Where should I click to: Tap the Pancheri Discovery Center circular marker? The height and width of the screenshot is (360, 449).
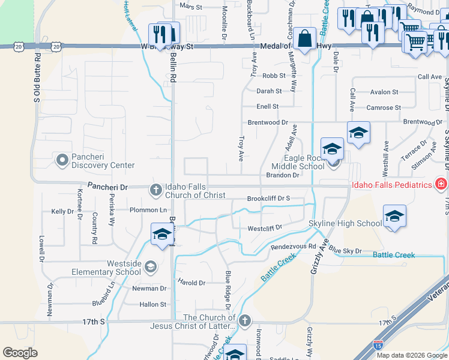tap(62, 160)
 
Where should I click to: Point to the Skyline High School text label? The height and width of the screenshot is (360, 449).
tap(345, 224)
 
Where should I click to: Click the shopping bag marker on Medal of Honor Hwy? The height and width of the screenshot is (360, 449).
tap(305, 38)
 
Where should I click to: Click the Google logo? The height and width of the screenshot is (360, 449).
tap(20, 353)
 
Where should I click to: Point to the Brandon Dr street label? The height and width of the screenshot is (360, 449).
tap(282, 175)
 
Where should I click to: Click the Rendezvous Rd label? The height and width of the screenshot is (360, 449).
tap(293, 247)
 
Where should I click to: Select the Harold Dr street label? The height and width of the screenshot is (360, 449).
tap(191, 283)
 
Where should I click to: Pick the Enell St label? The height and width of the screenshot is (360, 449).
tap(267, 106)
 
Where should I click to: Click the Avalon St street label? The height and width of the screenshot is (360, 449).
tap(384, 92)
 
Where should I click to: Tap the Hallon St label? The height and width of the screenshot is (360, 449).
tap(152, 305)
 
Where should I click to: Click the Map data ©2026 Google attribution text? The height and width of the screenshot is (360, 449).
tap(411, 355)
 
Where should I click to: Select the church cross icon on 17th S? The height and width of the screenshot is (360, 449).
tap(244, 321)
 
